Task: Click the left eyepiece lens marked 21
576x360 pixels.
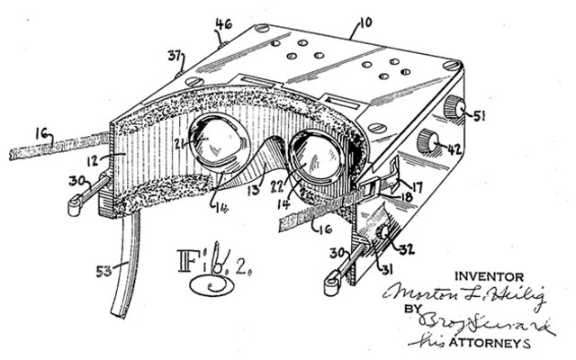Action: click(221, 141)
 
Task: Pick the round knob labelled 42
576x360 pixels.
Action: click(427, 140)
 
